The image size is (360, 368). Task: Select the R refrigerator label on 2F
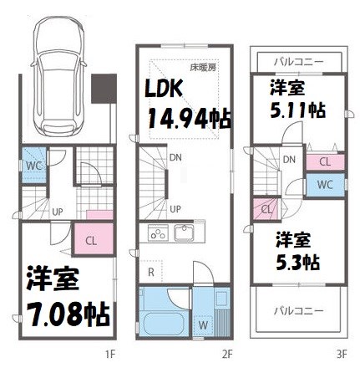click(x=150, y=270)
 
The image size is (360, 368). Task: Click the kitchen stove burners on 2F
click(x=158, y=234)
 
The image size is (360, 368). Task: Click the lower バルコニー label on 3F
click(x=298, y=309)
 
